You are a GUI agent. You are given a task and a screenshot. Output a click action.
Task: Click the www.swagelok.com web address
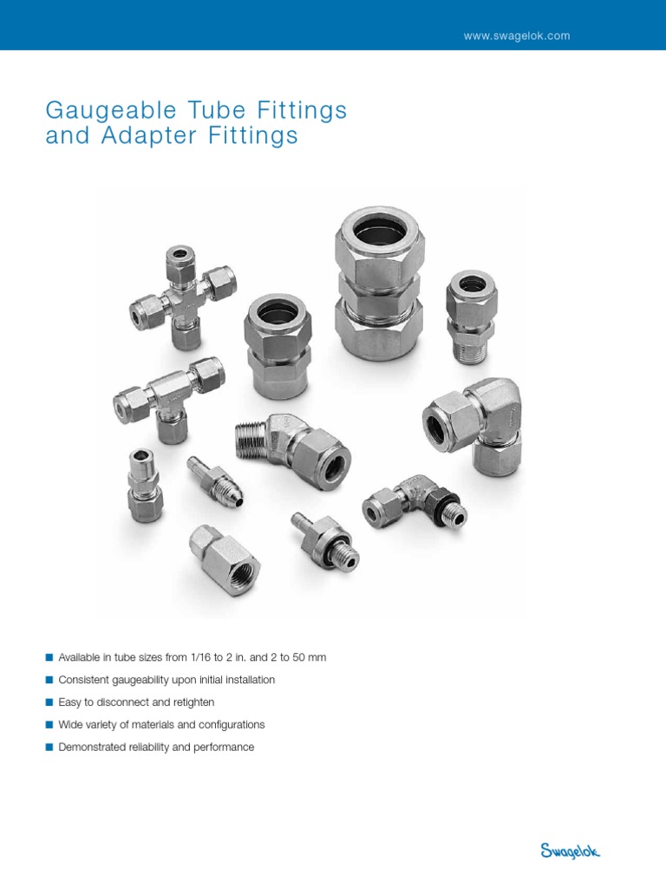point(517,36)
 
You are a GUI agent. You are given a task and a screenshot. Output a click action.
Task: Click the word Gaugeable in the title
point(102,111)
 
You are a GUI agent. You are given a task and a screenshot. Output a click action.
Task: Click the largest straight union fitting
point(379,285)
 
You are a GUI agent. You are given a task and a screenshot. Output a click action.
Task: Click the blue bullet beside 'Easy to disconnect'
point(49,702)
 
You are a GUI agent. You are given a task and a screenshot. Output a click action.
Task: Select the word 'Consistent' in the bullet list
point(83,680)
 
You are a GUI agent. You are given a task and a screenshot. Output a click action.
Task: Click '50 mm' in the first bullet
point(310,657)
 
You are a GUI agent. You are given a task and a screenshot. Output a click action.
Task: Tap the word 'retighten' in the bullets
point(192,702)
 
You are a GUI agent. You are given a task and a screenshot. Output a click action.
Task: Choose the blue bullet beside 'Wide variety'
point(49,725)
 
